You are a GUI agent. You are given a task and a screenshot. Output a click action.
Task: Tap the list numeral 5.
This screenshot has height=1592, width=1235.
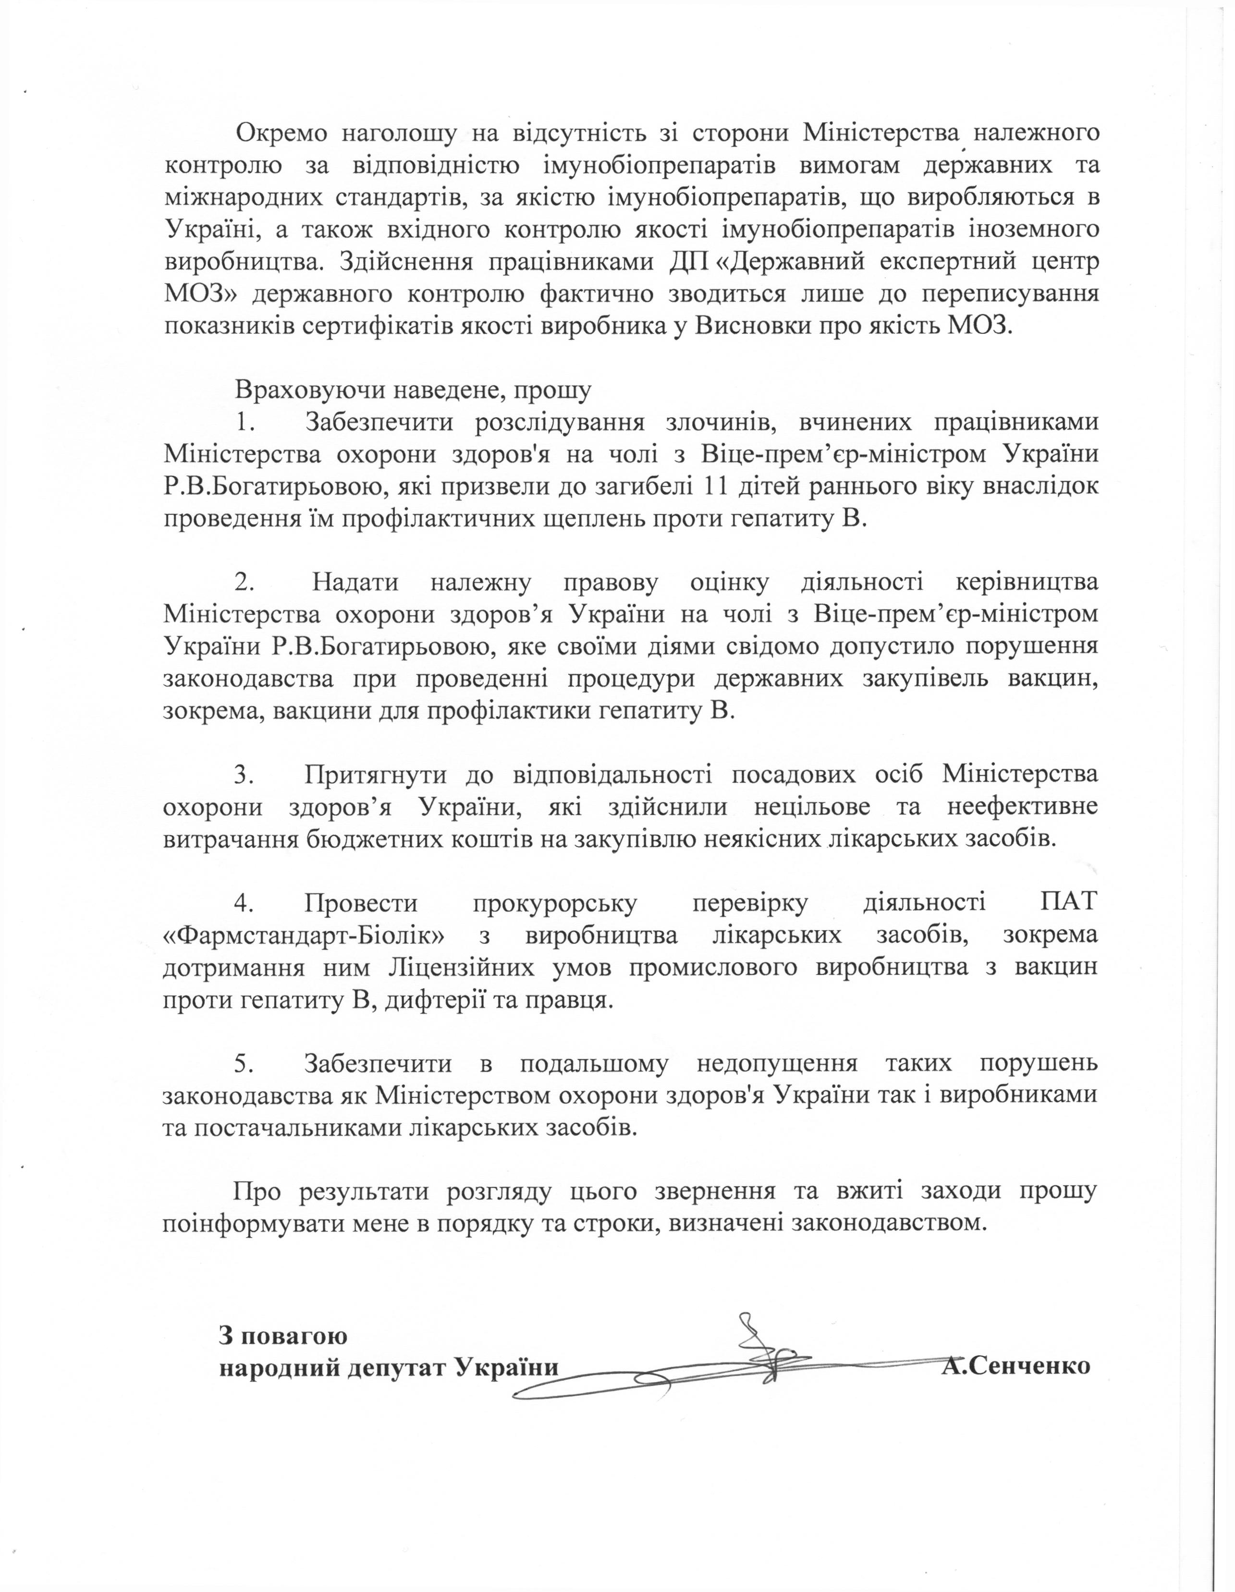coord(243,1064)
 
